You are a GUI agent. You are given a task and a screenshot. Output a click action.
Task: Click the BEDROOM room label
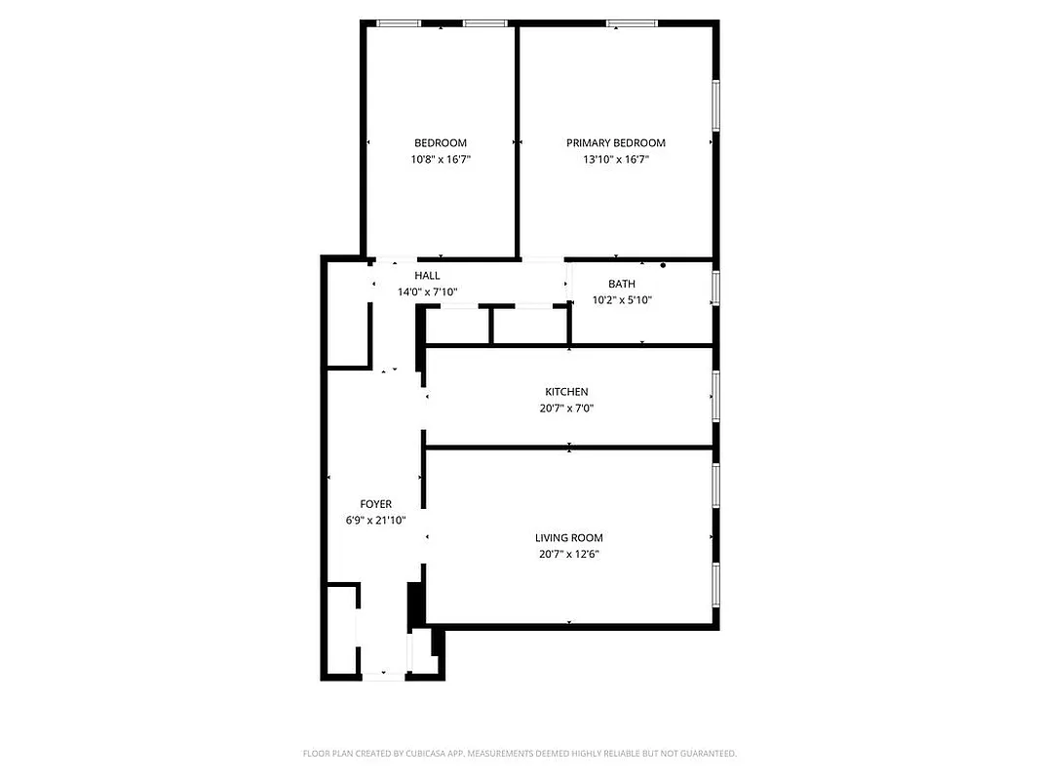(x=441, y=142)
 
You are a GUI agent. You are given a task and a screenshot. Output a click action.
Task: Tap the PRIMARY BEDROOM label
(x=616, y=142)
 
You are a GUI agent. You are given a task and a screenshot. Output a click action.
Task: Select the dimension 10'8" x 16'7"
(x=441, y=159)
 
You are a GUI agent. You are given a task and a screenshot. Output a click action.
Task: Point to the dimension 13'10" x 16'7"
(x=616, y=159)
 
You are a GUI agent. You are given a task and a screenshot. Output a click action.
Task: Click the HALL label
(x=428, y=276)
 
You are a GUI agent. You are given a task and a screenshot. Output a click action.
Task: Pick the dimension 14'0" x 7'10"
(x=428, y=292)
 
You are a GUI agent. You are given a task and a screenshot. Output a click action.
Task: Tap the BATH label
(x=622, y=284)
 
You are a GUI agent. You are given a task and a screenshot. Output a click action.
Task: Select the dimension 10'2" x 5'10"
(x=622, y=300)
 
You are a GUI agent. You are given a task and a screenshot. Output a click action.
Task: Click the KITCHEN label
(x=566, y=392)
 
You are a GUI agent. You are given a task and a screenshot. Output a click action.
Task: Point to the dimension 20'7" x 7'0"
(x=566, y=409)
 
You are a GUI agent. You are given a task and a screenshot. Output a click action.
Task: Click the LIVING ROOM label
(x=569, y=537)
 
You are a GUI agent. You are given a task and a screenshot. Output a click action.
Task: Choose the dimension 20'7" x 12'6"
(x=569, y=554)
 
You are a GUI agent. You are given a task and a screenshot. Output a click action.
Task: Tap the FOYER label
(x=376, y=504)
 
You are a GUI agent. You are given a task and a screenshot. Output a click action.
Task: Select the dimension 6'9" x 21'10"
(x=376, y=521)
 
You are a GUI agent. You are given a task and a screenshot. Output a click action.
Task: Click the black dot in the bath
(x=663, y=265)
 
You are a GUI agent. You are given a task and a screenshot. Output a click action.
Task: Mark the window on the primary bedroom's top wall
(x=632, y=23)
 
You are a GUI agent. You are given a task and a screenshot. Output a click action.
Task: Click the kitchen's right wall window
(x=715, y=396)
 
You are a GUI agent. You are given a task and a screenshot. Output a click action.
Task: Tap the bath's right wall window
(x=715, y=289)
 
